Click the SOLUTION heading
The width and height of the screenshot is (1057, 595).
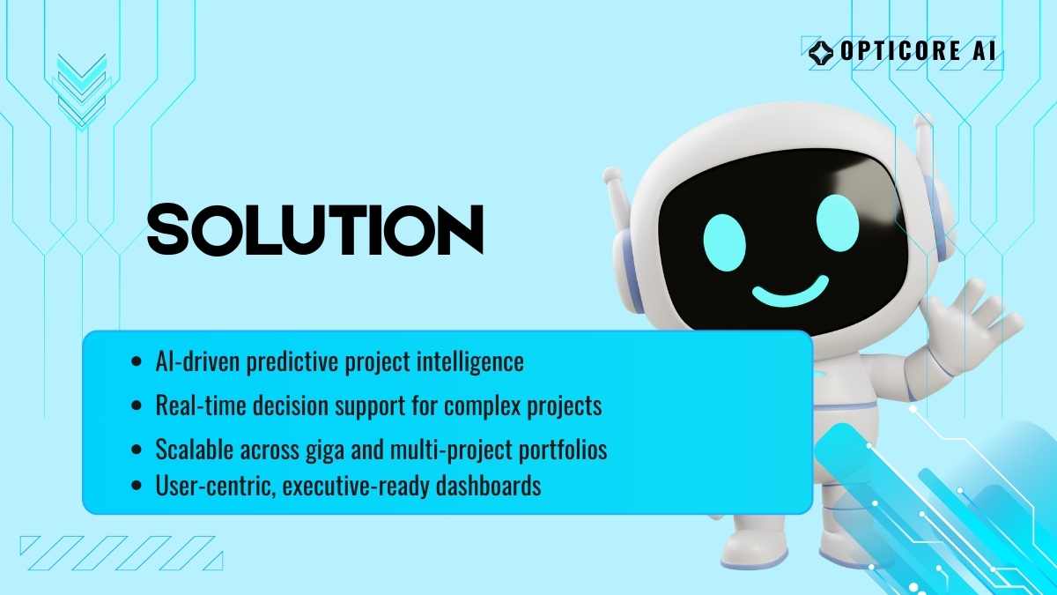coord(315,229)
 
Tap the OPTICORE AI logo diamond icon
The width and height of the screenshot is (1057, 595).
coord(821,52)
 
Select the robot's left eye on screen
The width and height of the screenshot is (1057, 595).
coord(724,242)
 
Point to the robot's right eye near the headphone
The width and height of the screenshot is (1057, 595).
coord(837,223)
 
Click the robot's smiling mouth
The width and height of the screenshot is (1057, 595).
coord(790,291)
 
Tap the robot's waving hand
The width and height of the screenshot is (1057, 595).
coord(972,327)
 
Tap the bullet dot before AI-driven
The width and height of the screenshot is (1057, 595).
coord(137,361)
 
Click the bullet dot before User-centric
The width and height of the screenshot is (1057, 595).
coord(137,486)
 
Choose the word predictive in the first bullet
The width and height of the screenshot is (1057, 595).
coord(292,362)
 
